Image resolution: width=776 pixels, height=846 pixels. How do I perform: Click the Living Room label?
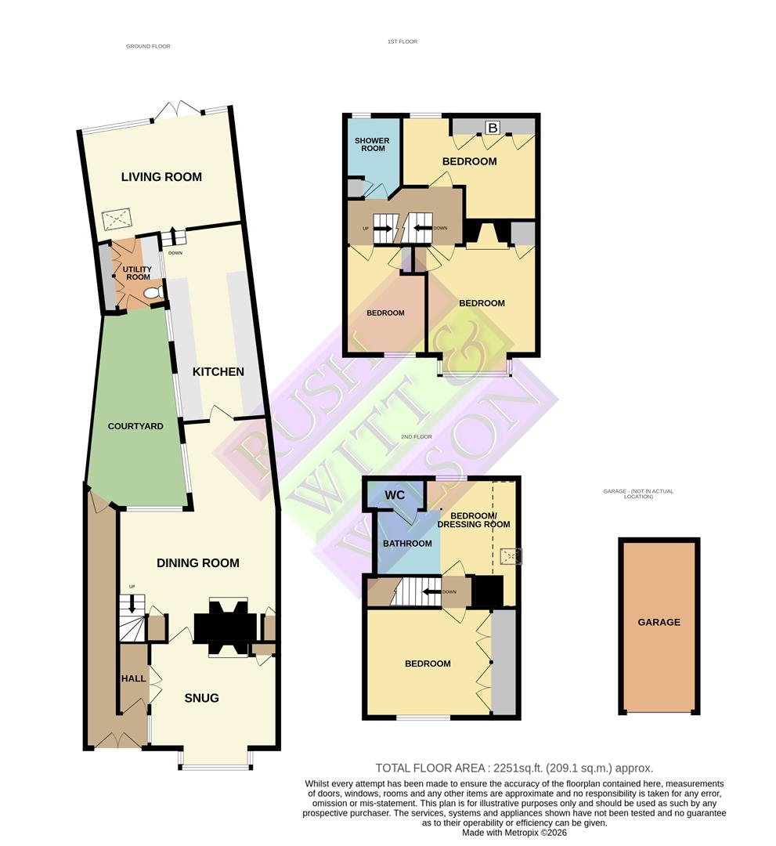161,177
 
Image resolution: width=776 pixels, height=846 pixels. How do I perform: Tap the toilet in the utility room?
153,292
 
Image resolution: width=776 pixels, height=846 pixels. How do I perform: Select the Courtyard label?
135,426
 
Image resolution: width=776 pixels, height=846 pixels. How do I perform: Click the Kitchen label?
218,372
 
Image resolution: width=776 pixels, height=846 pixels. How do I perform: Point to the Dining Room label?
197,563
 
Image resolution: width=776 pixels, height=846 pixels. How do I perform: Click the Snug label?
201,698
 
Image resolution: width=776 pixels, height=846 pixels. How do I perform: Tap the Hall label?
134,678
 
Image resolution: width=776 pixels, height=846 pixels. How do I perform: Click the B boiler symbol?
493,127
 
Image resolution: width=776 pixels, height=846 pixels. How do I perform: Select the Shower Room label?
373,144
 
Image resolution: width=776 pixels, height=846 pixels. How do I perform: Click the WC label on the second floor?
395,495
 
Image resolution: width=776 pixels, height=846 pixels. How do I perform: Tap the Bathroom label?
407,544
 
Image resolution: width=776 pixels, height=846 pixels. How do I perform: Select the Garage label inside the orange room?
659,622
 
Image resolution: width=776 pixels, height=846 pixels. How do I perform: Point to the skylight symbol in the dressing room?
511,556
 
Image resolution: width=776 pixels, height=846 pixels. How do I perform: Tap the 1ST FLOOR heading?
402,42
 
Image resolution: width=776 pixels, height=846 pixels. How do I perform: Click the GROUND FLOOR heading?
148,46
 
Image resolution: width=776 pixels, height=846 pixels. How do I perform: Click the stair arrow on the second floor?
429,592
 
